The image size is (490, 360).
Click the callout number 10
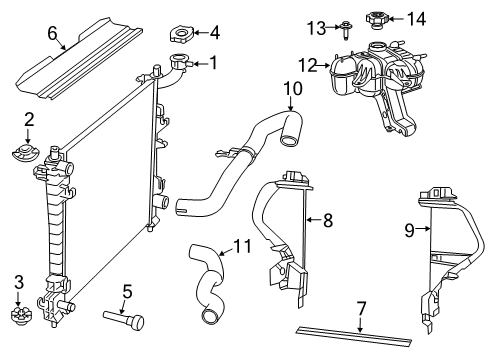click(x=291, y=88)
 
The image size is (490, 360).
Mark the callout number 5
click(x=127, y=291)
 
